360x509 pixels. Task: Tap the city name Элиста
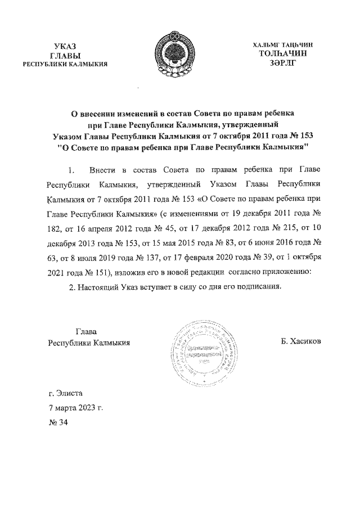(x=69, y=394)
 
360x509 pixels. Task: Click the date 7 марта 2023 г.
(x=75, y=408)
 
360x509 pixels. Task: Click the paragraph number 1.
(x=70, y=170)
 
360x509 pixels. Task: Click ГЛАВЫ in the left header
(x=64, y=55)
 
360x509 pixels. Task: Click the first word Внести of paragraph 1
(x=102, y=170)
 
